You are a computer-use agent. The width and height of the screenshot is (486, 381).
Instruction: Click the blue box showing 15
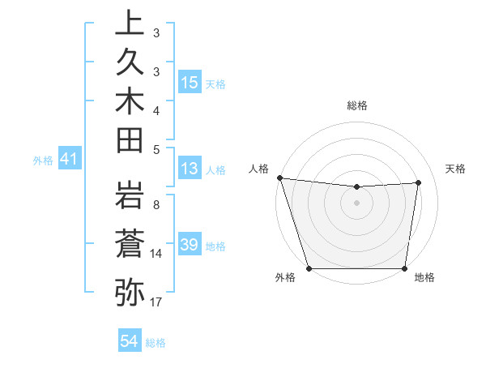(x=190, y=83)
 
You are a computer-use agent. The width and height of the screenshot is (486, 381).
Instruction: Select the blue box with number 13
(x=190, y=169)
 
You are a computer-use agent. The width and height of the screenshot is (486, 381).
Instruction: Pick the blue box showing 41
(x=70, y=161)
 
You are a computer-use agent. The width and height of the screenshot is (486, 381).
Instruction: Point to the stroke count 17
(x=156, y=302)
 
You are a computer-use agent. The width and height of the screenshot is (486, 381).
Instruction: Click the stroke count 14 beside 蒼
(x=156, y=254)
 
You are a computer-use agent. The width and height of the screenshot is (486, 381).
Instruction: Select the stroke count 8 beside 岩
(x=156, y=205)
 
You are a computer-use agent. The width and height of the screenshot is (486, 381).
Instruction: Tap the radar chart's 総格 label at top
(x=356, y=105)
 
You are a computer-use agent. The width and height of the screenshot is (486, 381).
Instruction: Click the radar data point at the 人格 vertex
(x=279, y=178)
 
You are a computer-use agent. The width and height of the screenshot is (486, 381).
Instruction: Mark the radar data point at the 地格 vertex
(x=404, y=268)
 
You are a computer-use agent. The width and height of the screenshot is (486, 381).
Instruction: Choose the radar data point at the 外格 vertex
(x=309, y=268)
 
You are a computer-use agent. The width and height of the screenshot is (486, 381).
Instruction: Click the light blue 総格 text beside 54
(x=156, y=343)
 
